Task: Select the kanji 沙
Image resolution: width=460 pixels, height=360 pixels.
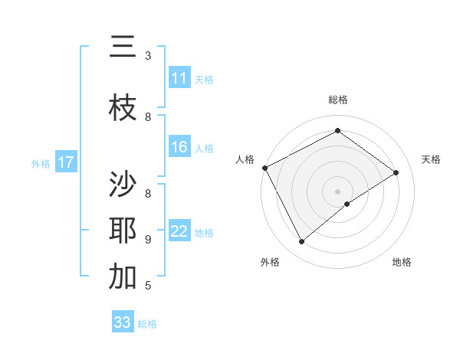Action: (123, 185)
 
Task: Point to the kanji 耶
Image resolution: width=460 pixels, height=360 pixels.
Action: (123, 231)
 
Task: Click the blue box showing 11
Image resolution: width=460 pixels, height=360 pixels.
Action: (179, 78)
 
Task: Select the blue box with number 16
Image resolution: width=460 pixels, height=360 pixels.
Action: (179, 147)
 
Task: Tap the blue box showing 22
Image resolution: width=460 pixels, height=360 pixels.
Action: (179, 231)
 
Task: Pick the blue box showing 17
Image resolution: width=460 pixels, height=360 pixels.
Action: (66, 162)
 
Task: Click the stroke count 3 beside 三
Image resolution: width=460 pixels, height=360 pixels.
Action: (148, 56)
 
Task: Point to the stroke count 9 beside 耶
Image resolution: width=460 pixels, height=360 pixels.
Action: (148, 240)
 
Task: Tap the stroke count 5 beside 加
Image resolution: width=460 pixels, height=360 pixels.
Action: (148, 286)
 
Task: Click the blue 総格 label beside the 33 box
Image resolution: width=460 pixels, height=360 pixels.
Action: (147, 324)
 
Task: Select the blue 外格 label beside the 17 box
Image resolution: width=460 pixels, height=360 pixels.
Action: (41, 163)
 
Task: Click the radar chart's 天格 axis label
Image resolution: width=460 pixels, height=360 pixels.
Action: (431, 159)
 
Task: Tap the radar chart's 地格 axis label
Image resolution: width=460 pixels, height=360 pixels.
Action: (402, 262)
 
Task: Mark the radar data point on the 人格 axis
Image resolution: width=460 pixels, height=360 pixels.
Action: (264, 168)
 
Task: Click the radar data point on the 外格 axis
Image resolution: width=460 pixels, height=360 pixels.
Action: (301, 242)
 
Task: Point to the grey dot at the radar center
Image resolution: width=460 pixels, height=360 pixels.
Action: (337, 191)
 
